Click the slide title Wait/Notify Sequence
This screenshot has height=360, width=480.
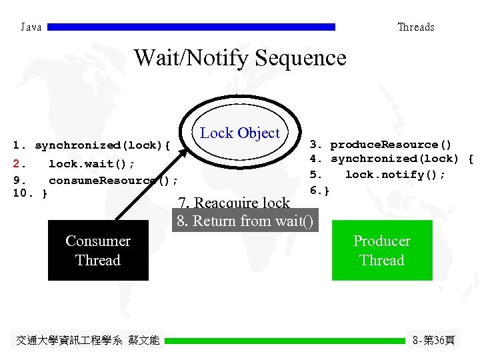(240, 58)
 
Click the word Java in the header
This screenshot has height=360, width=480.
(31, 27)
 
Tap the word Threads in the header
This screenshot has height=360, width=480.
(415, 27)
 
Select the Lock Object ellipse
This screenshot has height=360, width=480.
(239, 133)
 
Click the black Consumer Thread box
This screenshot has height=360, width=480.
(98, 251)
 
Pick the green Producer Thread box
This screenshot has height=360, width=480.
(382, 251)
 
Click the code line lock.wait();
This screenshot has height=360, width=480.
(91, 164)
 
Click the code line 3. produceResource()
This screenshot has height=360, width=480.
(380, 145)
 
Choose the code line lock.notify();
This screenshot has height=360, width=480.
(395, 175)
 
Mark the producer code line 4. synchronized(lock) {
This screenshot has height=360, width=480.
(391, 159)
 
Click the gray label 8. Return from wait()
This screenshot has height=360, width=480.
(245, 221)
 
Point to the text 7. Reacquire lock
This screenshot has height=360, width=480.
(234, 203)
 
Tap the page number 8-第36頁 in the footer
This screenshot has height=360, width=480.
(434, 340)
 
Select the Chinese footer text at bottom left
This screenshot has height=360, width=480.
(87, 341)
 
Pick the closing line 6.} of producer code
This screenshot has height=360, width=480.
(319, 191)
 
